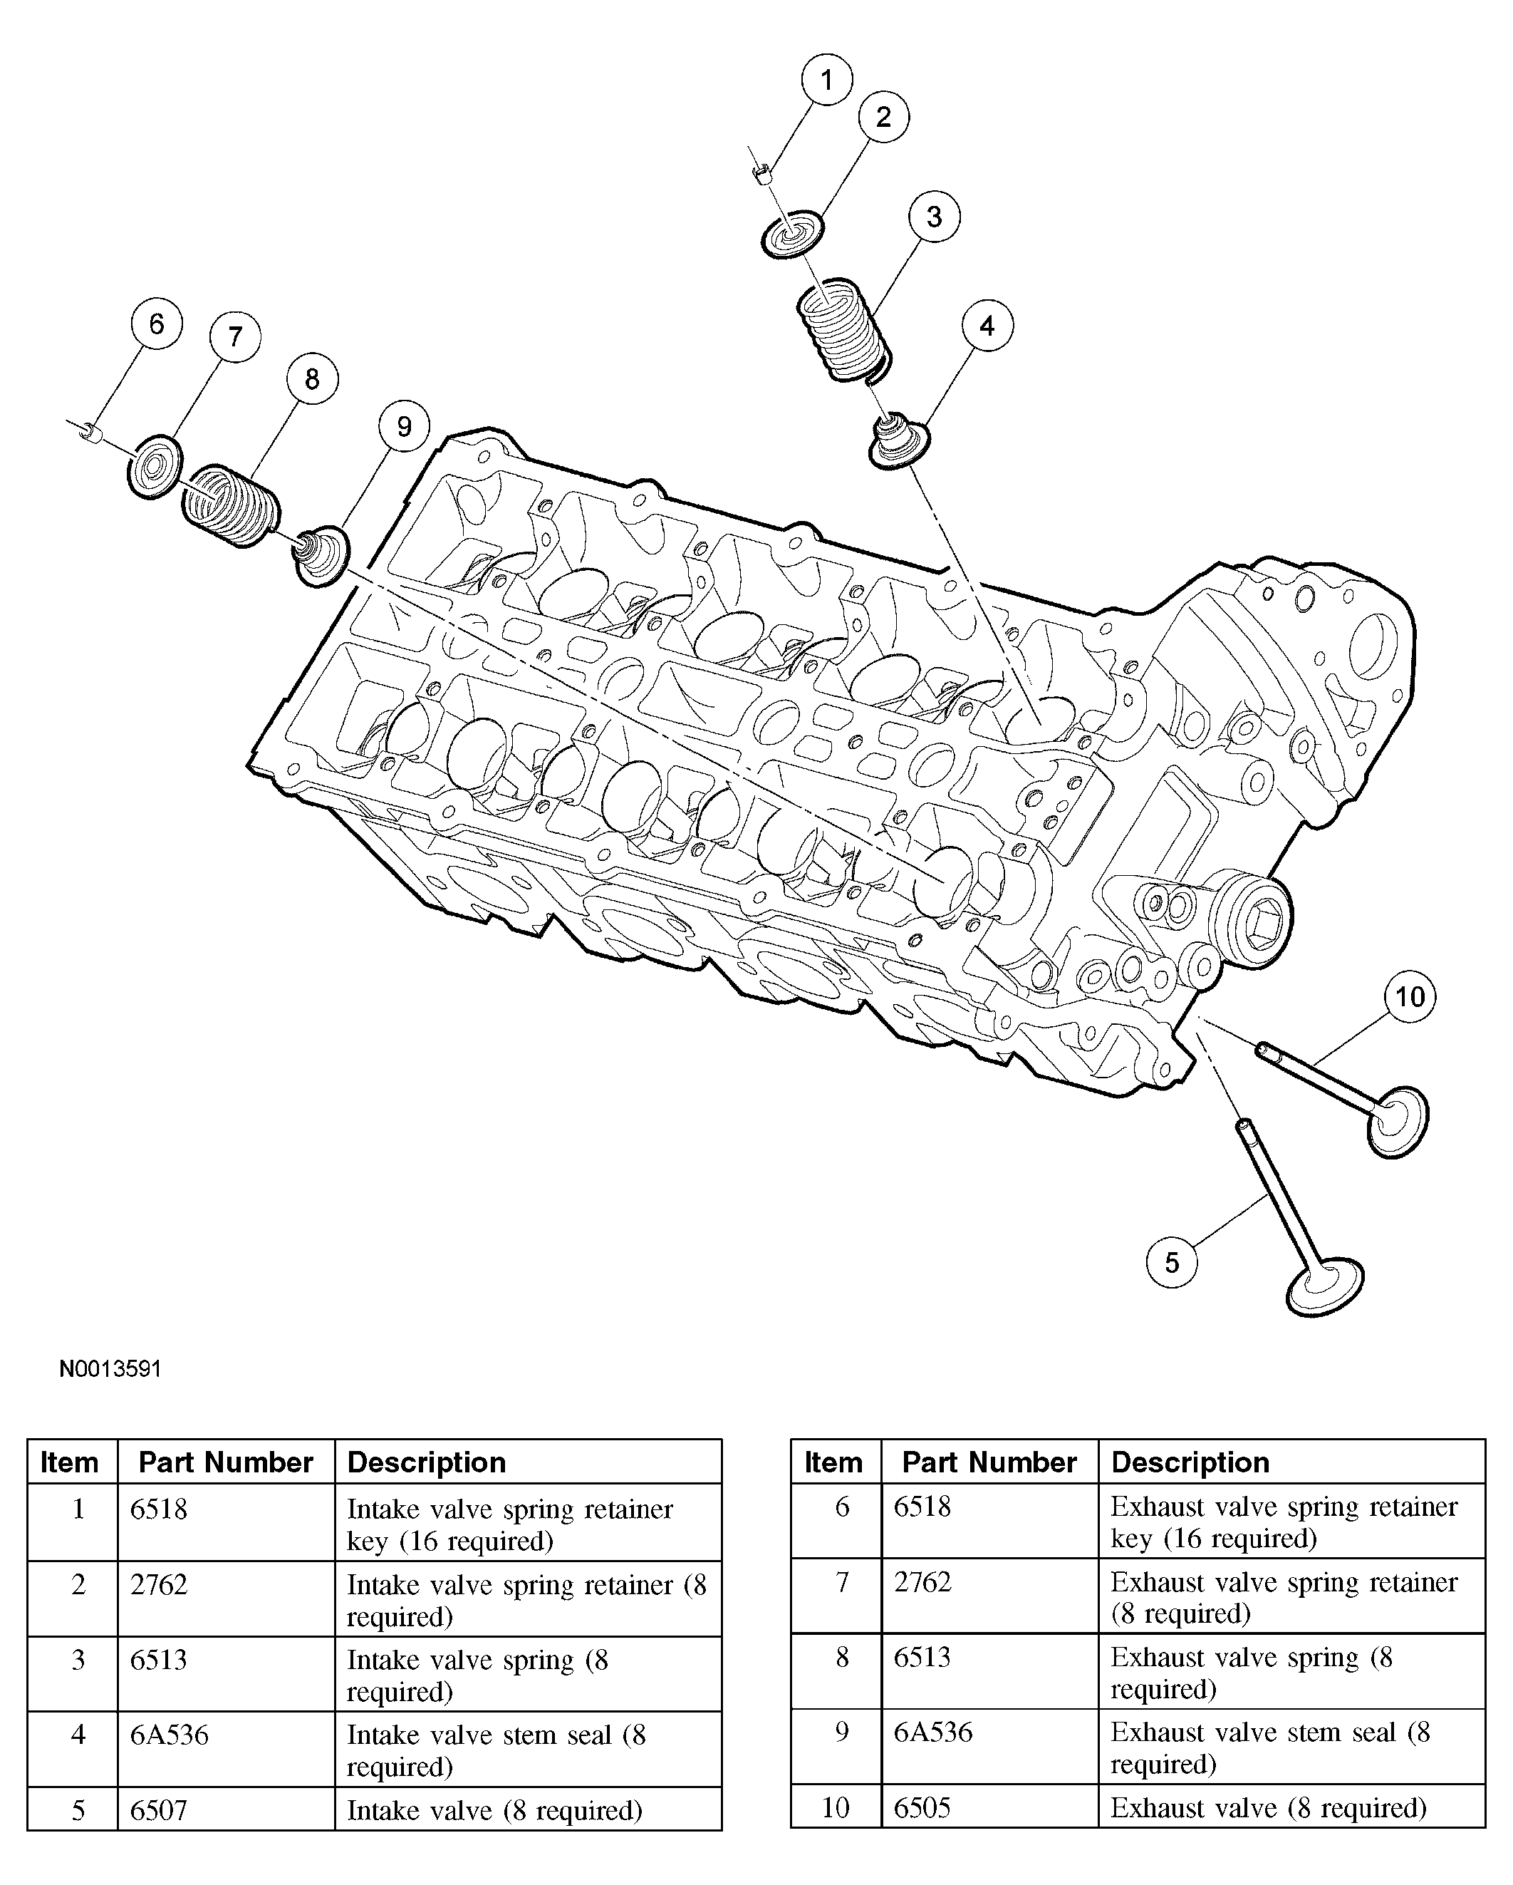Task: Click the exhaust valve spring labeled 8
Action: [x=231, y=507]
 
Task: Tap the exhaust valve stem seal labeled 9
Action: [x=321, y=557]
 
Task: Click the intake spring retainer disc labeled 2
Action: [x=792, y=234]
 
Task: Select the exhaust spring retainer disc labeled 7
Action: [x=155, y=466]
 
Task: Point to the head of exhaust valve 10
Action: [x=1397, y=1122]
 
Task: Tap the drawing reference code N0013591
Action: [x=110, y=1368]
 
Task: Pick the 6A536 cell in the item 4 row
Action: [x=170, y=1735]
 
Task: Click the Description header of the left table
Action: [x=427, y=1462]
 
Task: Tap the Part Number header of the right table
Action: [x=989, y=1462]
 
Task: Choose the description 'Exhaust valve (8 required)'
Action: [x=1267, y=1807]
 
